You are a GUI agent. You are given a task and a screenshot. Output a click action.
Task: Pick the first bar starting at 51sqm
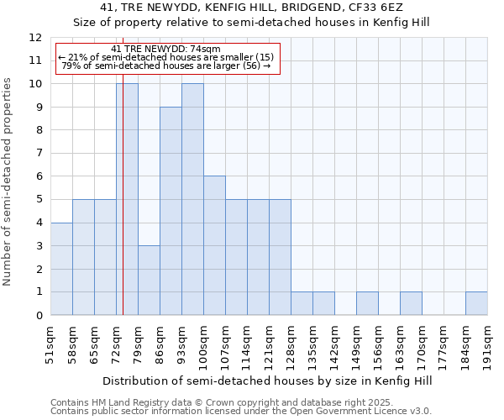pyautogui.click(x=61, y=269)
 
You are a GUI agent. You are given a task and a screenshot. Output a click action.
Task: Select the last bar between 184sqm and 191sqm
pyautogui.click(x=476, y=303)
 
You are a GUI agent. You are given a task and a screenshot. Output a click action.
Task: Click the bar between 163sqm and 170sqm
pyautogui.click(x=411, y=303)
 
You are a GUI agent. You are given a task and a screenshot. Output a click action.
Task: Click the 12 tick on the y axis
pyautogui.click(x=35, y=38)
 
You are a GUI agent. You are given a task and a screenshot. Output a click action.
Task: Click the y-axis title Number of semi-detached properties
pyautogui.click(x=8, y=181)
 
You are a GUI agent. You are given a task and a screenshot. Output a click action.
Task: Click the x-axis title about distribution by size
pyautogui.click(x=269, y=381)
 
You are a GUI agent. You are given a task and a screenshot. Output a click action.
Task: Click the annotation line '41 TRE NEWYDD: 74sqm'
pyautogui.click(x=165, y=50)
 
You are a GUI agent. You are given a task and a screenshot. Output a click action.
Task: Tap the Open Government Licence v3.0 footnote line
pyautogui.click(x=241, y=412)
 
